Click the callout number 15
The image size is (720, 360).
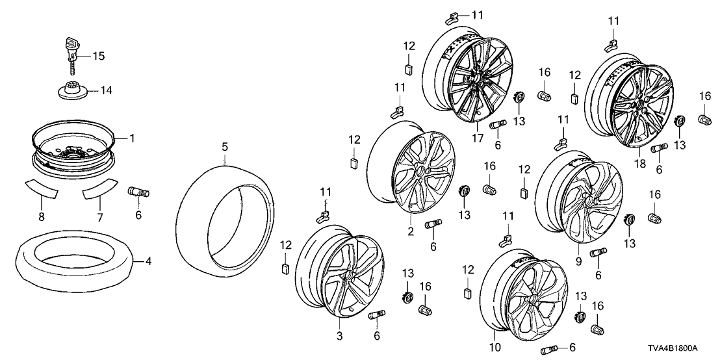pyautogui.click(x=98, y=57)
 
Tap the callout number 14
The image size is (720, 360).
pyautogui.click(x=105, y=90)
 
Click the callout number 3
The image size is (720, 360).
pyautogui.click(x=339, y=335)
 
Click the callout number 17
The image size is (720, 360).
pyautogui.click(x=479, y=138)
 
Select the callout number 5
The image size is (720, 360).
pyautogui.click(x=224, y=148)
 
